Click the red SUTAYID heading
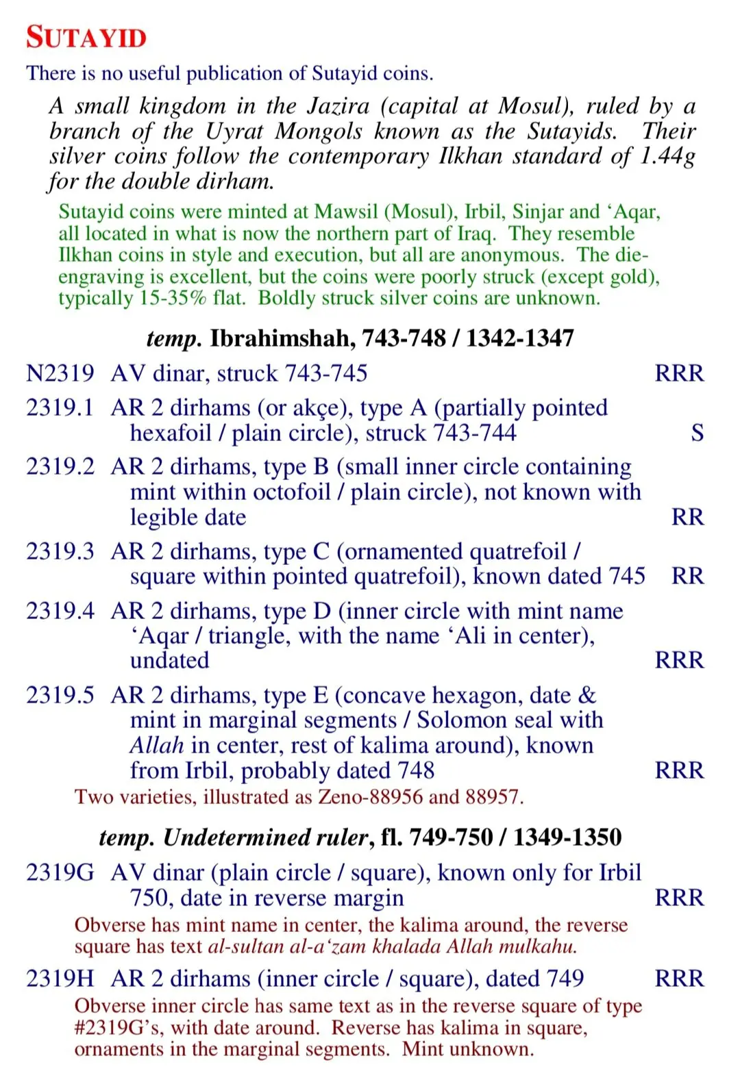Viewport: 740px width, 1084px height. (86, 38)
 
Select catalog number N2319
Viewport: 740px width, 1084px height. (60, 373)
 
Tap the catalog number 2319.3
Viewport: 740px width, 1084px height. (60, 551)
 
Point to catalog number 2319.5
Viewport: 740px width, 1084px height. (60, 695)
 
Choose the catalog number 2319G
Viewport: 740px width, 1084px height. (60, 872)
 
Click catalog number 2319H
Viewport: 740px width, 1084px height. (60, 979)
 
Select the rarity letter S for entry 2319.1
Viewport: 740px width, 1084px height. (697, 433)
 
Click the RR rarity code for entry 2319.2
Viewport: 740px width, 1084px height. (687, 517)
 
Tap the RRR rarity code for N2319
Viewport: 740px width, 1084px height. (679, 373)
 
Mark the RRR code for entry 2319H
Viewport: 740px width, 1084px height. (679, 979)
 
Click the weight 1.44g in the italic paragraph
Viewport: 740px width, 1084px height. (668, 156)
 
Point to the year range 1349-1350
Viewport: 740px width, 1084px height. (568, 837)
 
